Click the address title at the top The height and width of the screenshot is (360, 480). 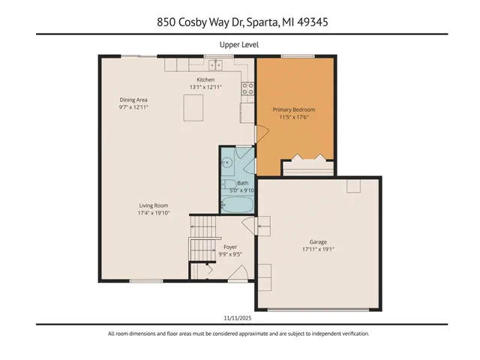(x=239, y=22)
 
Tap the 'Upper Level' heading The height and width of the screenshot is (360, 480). (x=239, y=45)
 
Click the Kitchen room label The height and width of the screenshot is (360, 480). (x=205, y=79)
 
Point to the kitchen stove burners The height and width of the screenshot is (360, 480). (x=247, y=91)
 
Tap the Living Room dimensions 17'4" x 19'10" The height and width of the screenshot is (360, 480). (x=154, y=213)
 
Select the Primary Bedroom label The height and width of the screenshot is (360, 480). (x=294, y=109)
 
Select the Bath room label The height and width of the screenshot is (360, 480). (x=242, y=182)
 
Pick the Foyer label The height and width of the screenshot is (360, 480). (x=230, y=247)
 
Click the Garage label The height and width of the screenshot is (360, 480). (x=318, y=241)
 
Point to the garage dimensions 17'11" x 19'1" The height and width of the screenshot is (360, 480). (x=318, y=250)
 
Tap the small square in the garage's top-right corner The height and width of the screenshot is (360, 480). (x=353, y=187)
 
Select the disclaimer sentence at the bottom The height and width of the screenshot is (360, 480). (x=239, y=334)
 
